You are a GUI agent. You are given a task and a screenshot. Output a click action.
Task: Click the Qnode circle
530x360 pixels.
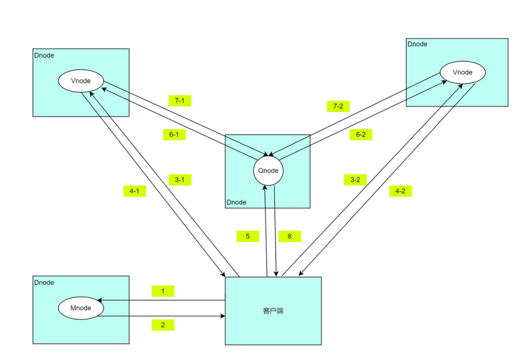268,171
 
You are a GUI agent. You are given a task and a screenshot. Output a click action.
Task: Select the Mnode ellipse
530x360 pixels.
80,308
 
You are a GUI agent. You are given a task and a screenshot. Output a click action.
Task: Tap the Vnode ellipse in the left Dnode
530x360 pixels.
80,81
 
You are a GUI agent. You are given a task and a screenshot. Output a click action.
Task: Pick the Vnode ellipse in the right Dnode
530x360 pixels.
462,72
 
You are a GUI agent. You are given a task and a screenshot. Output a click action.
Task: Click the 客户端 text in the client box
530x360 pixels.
273,311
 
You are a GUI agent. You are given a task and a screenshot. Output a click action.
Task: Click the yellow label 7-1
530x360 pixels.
180,100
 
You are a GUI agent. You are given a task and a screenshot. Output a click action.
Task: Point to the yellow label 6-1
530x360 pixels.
174,134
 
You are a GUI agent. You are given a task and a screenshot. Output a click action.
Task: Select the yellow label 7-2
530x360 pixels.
338,106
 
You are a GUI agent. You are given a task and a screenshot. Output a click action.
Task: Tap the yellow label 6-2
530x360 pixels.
361,134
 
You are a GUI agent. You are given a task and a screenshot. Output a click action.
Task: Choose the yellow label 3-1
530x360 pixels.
180,180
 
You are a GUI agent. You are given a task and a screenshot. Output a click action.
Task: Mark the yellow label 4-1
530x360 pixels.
135,191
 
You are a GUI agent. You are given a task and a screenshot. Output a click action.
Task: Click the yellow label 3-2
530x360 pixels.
355,180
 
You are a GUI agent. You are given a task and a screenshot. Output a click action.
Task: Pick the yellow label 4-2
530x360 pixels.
400,191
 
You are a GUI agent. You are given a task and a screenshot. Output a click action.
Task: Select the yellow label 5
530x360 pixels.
248,236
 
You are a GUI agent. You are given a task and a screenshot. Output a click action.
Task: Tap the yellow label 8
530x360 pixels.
289,236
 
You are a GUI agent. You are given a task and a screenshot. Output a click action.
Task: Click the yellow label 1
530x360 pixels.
163,291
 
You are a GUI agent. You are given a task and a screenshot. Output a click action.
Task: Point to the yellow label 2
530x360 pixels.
163,325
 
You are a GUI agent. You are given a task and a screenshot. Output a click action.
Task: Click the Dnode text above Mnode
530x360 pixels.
44,282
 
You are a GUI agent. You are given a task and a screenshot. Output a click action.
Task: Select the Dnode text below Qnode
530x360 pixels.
237,202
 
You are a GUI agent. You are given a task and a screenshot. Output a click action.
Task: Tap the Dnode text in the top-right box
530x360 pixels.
417,44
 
